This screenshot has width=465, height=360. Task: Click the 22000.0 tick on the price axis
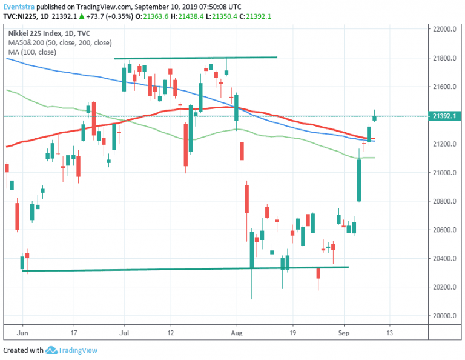(443, 30)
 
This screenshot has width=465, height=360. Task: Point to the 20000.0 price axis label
(443, 316)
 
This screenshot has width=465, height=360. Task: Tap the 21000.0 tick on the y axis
(443, 173)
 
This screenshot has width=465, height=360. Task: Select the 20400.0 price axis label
(443, 259)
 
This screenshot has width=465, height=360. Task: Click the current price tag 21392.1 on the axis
(444, 116)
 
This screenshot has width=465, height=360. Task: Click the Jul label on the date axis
(125, 333)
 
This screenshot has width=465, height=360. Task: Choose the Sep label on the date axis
(344, 333)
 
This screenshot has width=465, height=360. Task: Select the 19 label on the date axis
(292, 333)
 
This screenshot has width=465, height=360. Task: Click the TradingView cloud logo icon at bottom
(51, 350)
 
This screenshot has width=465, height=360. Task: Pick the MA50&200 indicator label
(28, 42)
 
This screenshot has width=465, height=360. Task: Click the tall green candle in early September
(359, 179)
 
